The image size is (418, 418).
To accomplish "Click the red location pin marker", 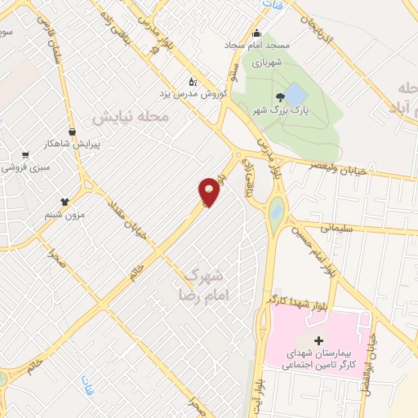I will pos(210,191).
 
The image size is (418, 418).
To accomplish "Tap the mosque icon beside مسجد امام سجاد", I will pos(257,33).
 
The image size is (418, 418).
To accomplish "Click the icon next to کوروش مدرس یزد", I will pos(193,82).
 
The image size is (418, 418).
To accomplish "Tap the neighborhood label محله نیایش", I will pos(130,117).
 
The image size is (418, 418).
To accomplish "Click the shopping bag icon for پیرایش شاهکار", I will pos(72,131).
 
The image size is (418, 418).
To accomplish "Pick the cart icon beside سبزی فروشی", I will pos(25,154).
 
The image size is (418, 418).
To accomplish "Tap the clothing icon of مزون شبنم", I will pos(64,200).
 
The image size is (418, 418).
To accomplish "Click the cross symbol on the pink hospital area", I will pos(318,339).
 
